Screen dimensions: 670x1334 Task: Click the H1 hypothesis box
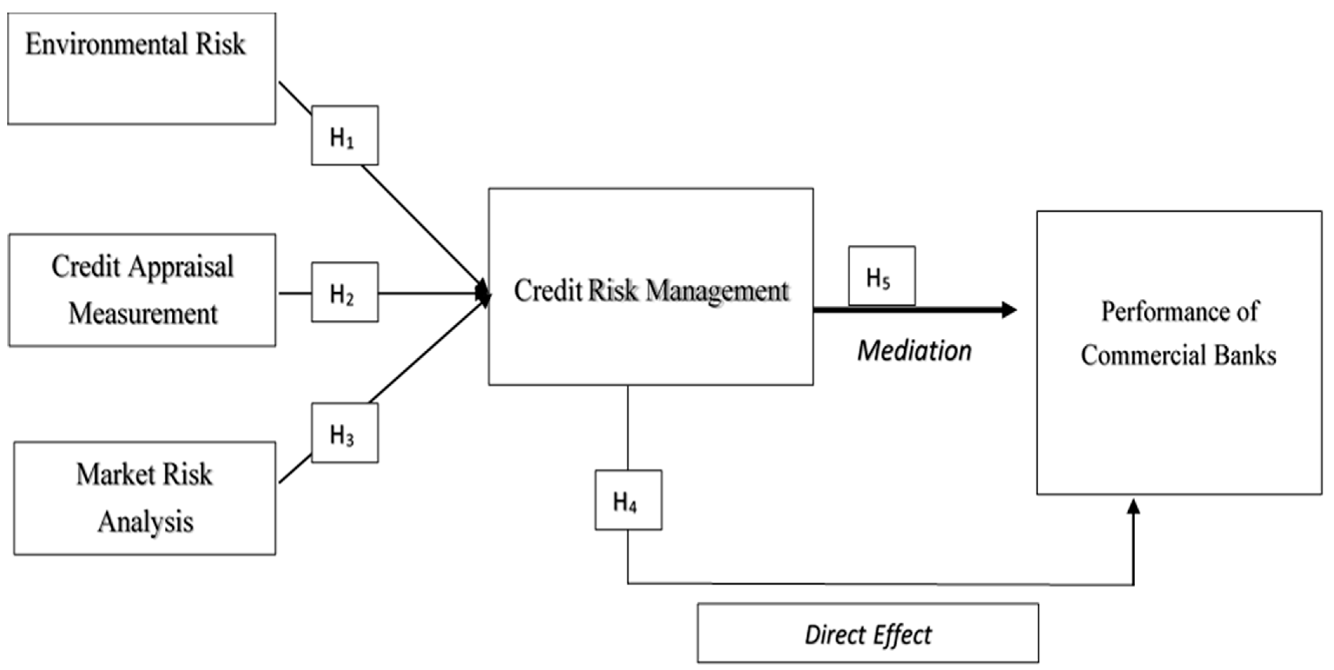344,136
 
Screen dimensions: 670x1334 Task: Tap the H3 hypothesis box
344,433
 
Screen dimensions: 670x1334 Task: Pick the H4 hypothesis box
628,500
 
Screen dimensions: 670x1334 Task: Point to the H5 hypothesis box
881,276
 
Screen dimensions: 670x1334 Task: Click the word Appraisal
181,267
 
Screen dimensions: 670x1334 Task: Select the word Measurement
143,314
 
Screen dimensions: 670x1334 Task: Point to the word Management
717,291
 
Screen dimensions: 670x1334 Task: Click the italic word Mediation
914,351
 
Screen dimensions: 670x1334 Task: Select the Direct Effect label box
867,633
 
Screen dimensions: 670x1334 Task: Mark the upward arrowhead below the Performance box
1134,508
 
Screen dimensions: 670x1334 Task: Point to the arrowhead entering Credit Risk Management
483,293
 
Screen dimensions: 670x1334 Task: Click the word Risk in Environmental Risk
220,44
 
